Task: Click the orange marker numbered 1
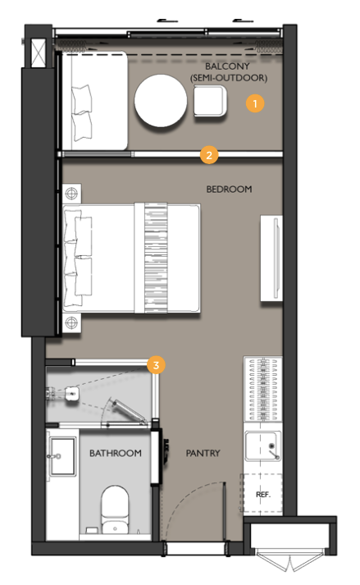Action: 255,103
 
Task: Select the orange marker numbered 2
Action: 209,155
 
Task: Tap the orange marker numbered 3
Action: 156,365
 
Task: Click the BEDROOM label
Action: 229,190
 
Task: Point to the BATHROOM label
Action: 116,453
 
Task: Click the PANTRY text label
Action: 203,453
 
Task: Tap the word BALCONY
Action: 227,66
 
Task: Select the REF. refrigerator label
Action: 263,495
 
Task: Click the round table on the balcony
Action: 161,101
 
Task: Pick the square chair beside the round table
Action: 210,101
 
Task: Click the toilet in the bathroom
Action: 115,510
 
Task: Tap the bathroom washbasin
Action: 62,457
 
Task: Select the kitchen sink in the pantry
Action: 262,446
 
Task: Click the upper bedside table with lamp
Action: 71,194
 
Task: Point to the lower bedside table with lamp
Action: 71,322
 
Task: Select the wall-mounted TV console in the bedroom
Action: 271,258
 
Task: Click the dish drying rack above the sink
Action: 262,389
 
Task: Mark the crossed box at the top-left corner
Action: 38,53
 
